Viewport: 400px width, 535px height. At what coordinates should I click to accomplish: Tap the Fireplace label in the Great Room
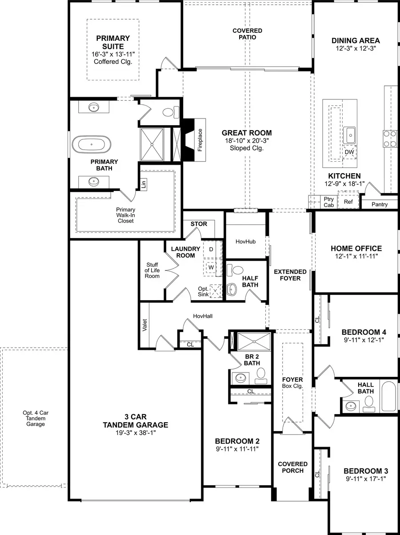click(200, 140)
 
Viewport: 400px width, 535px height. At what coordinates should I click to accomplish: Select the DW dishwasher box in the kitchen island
click(349, 151)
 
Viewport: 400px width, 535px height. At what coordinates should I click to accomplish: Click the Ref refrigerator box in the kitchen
click(348, 201)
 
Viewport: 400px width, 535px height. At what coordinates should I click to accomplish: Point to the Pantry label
click(380, 204)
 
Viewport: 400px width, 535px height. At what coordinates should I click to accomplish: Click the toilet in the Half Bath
click(237, 270)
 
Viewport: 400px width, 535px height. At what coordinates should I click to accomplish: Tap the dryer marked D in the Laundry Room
click(212, 250)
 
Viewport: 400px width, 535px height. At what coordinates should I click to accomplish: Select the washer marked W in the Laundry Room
click(212, 268)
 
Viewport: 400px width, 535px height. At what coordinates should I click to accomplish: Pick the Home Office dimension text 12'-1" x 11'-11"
click(356, 257)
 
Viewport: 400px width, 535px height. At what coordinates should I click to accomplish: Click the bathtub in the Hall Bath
click(388, 396)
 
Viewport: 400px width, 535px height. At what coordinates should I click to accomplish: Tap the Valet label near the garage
click(145, 325)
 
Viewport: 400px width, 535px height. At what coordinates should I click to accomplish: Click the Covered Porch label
click(293, 467)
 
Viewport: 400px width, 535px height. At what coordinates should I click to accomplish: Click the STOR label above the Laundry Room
click(199, 224)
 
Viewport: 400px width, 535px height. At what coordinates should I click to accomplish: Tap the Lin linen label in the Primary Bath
click(143, 184)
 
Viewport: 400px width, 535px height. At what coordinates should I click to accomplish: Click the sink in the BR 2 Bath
click(240, 379)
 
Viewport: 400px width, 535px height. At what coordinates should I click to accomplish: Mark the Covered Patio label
click(247, 34)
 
